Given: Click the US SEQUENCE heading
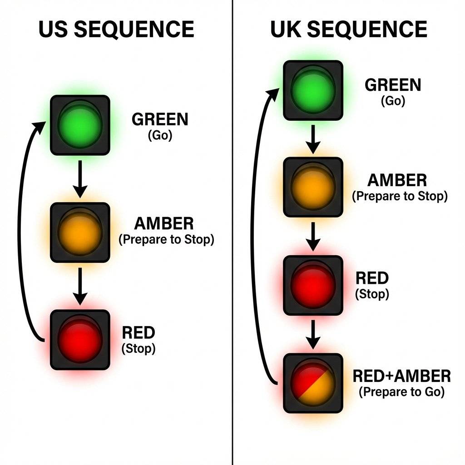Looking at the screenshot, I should pos(116,30).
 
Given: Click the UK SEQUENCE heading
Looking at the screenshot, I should pos(349,30).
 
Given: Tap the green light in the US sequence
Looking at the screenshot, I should pos(80,125).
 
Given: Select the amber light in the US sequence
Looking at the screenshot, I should pos(80,232).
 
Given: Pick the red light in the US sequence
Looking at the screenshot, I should pos(80,339).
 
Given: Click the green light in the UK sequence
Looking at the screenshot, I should pos(312,90).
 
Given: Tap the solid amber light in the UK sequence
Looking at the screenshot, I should pos(312,187).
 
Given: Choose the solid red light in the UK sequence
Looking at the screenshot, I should pos(312,285).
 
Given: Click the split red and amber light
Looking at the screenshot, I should pos(312,383).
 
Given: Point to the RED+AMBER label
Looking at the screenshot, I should pos(401,376).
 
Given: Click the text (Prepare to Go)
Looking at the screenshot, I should pos(401,392).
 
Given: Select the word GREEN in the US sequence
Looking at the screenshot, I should pos(160,120).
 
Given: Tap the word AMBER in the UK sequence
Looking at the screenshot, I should pos(397,181).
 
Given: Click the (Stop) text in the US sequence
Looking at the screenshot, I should pos(139,349).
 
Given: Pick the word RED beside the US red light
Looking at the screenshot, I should pos(139,333).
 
